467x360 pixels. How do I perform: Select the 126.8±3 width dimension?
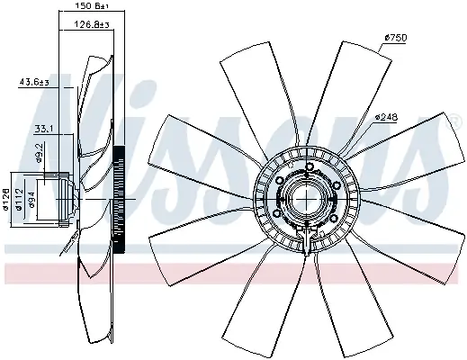point(87,24)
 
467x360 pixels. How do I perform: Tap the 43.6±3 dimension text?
point(33,83)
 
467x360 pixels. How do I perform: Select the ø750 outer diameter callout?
point(397,37)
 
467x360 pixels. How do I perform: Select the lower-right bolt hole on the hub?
point(330,219)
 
